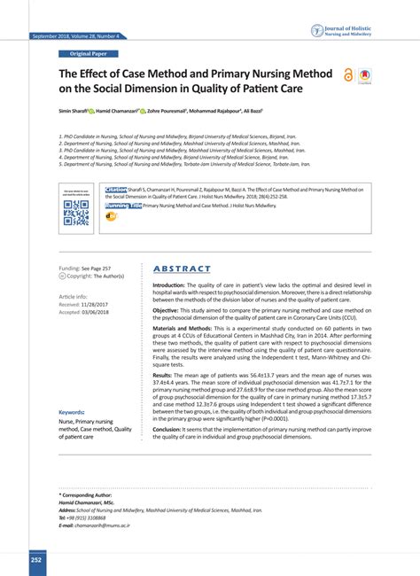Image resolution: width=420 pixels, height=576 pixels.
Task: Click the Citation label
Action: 116,189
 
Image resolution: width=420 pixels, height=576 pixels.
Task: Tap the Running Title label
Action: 123,205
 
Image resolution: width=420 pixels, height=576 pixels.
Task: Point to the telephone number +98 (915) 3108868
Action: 89,518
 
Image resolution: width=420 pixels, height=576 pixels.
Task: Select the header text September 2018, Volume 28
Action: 74,36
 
